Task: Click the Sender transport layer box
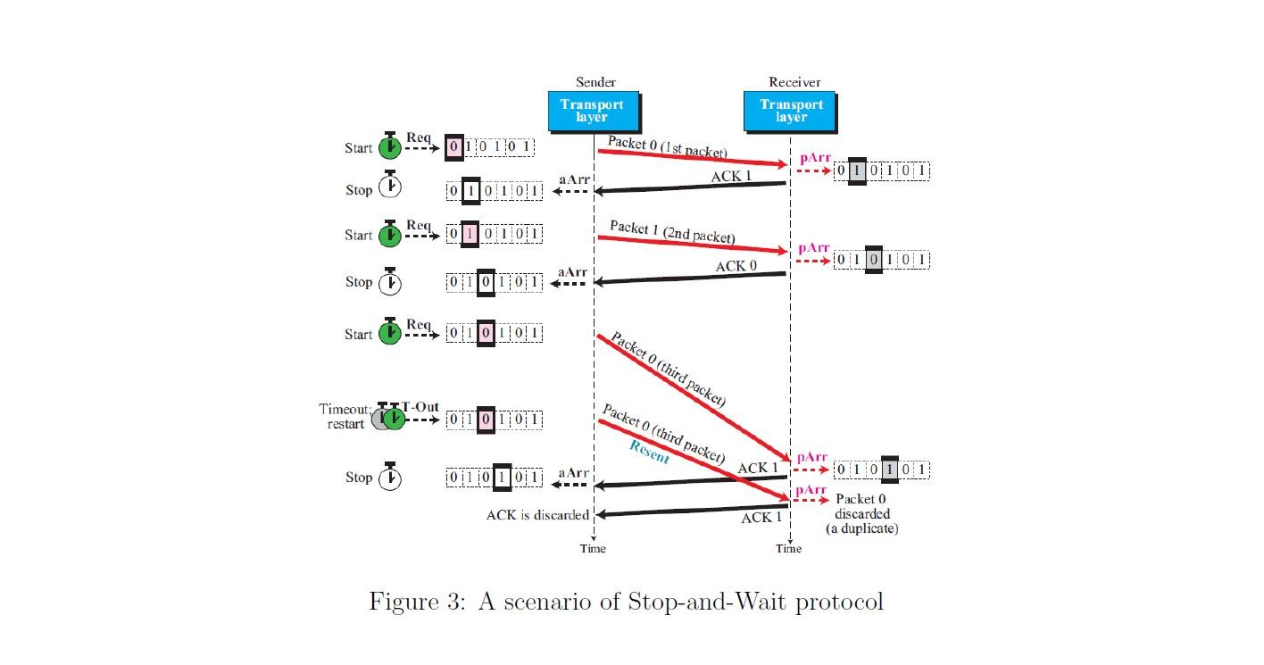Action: (x=593, y=111)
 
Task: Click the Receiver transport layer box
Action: (x=790, y=111)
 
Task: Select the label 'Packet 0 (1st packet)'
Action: (x=668, y=145)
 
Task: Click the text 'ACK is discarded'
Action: (x=537, y=515)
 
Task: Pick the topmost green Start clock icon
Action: (x=390, y=145)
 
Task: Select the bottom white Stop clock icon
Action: (x=390, y=477)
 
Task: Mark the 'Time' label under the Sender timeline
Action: (x=593, y=548)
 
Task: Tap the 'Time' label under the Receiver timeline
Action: (x=789, y=548)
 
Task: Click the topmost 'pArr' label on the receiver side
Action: (x=814, y=158)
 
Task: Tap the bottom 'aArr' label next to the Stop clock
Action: (x=572, y=472)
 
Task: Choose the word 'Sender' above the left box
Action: (x=595, y=82)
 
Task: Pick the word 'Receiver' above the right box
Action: (x=794, y=82)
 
